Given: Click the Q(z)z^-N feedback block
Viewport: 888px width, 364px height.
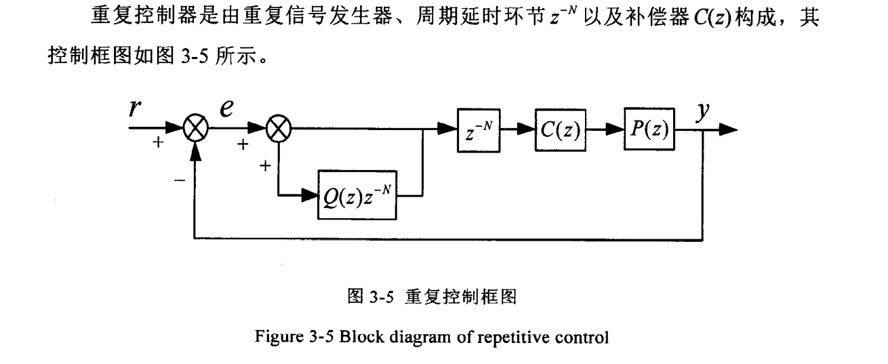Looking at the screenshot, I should tap(357, 199).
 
